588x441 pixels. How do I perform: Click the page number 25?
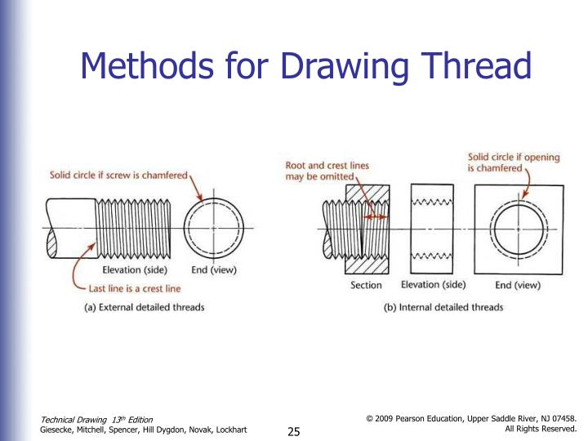pos(295,431)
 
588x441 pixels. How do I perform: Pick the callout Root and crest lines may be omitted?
pos(327,171)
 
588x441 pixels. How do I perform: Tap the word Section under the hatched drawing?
pos(366,285)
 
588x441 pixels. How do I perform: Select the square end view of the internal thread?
pos(517,229)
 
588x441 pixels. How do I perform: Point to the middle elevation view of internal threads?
pos(433,229)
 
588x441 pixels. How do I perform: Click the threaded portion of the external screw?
pos(131,226)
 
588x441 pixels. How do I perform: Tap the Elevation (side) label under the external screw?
pos(135,270)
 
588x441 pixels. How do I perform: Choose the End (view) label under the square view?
pos(518,285)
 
